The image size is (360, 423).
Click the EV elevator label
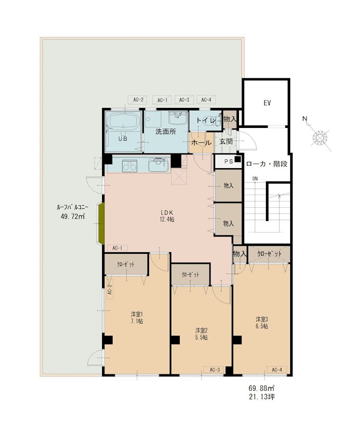coord(267,103)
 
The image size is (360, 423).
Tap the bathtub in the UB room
coord(124,121)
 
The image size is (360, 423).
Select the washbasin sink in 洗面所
coord(178,117)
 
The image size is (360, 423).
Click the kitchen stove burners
coord(130,165)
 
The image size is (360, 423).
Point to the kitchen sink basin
coord(159,164)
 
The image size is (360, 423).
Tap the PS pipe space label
coord(229,161)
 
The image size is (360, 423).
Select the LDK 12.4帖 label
coord(167,216)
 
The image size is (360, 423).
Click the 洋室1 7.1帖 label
coord(137,318)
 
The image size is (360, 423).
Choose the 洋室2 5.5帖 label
coord(201,334)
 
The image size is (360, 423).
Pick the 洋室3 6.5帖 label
coord(262,323)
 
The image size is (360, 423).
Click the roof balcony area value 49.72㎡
coord(73,216)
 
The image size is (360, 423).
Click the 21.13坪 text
coord(262,397)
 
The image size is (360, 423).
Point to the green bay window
coord(101,224)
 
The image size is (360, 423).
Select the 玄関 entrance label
coord(226,141)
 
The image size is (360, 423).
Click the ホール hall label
coord(201,142)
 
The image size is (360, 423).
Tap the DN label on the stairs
coord(255,179)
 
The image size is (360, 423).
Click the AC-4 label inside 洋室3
coord(276,370)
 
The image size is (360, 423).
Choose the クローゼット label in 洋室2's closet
coord(190,274)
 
